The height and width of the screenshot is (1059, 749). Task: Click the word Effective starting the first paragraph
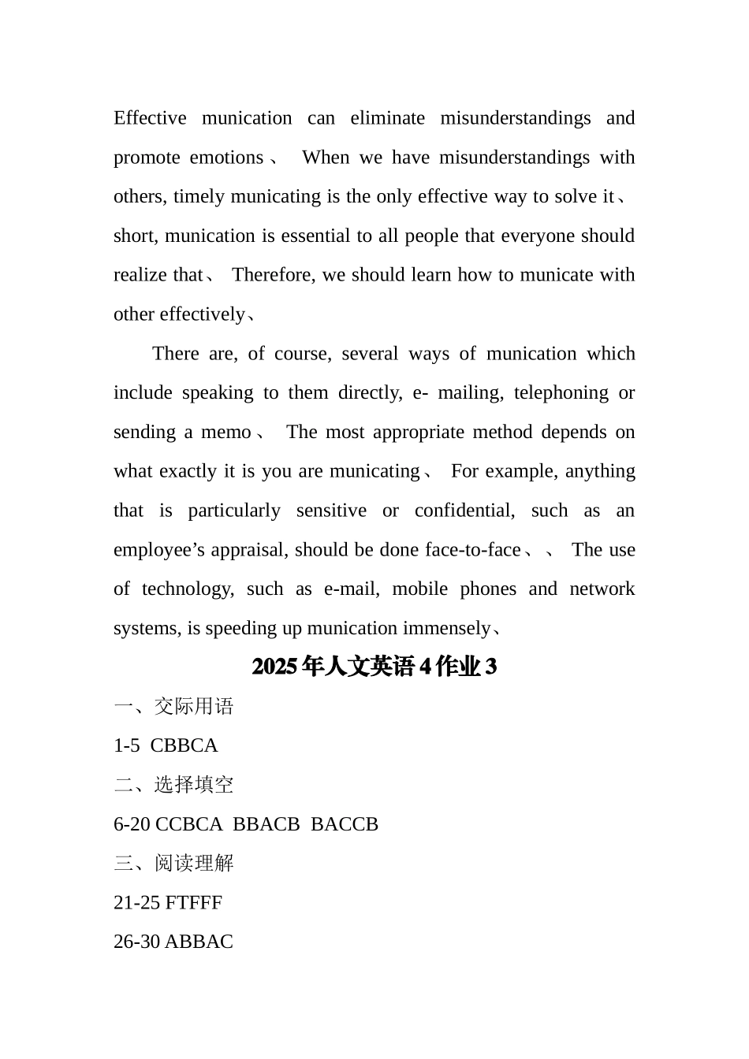point(150,118)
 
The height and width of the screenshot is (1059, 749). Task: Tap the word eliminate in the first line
point(387,118)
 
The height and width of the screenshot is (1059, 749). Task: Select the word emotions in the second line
point(226,158)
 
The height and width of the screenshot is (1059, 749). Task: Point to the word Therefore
point(273,275)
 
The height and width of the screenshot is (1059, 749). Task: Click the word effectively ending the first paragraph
point(202,314)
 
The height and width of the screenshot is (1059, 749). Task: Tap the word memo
point(226,433)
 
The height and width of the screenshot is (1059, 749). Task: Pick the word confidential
point(464,511)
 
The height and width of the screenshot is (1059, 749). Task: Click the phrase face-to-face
point(472,550)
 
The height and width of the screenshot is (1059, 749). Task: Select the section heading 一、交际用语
point(173,707)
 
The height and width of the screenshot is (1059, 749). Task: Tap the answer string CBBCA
point(184,746)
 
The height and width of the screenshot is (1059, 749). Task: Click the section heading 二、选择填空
point(173,785)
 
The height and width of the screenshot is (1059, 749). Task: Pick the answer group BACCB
point(345,824)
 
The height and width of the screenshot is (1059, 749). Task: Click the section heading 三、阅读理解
point(173,864)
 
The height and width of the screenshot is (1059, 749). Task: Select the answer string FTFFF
point(194,903)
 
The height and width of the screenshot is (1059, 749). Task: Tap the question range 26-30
point(137,942)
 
